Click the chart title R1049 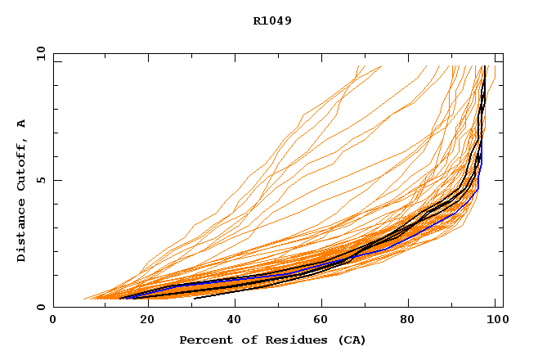coord(272,21)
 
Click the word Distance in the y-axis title coord(21,229)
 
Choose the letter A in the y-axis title coord(21,124)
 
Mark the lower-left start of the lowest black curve coord(194,298)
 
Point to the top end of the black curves coord(486,67)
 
